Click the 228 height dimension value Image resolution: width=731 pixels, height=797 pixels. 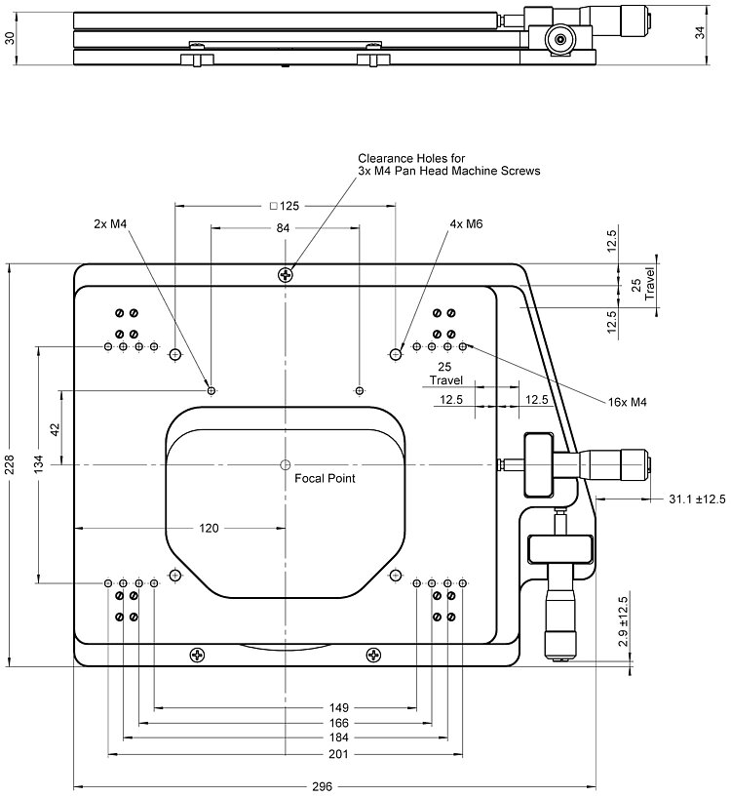click(x=10, y=465)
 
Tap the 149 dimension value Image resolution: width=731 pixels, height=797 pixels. click(x=339, y=706)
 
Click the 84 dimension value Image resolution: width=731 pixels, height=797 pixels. click(x=284, y=227)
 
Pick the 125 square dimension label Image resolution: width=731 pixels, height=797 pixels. click(x=284, y=206)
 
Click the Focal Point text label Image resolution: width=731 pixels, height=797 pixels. click(x=325, y=479)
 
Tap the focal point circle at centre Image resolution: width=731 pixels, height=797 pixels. click(x=285, y=464)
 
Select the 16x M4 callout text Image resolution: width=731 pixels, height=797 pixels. click(x=628, y=401)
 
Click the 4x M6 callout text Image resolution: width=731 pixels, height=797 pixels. click(x=466, y=223)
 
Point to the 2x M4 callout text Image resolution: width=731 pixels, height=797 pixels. click(x=111, y=223)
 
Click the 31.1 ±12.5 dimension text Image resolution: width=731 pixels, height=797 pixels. click(x=696, y=499)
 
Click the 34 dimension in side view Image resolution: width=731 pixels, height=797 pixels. click(x=699, y=33)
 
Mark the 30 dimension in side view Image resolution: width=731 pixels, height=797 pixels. click(x=10, y=37)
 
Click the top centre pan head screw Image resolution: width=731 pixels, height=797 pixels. click(x=285, y=274)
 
